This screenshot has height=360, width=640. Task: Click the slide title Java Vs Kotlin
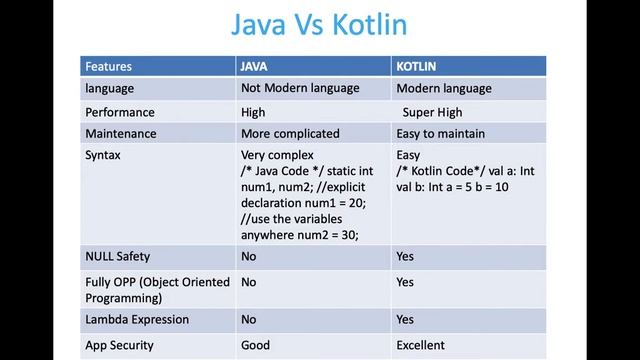click(x=319, y=24)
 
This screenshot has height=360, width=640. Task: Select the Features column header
click(x=108, y=67)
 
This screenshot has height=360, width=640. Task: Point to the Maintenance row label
click(x=121, y=133)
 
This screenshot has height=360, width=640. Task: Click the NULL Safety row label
click(x=118, y=256)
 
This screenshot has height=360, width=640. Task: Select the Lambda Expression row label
click(x=137, y=320)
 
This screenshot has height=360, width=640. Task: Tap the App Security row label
click(x=120, y=345)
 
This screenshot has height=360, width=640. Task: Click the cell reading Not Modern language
click(x=300, y=88)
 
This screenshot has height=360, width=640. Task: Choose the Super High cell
click(x=433, y=112)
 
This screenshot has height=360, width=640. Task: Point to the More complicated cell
click(x=290, y=133)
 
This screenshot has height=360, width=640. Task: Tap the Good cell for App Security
click(x=255, y=345)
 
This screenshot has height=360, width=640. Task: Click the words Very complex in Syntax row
click(x=277, y=156)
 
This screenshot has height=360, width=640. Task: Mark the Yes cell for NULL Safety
click(x=405, y=256)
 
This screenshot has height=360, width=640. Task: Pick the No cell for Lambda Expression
click(x=248, y=320)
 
